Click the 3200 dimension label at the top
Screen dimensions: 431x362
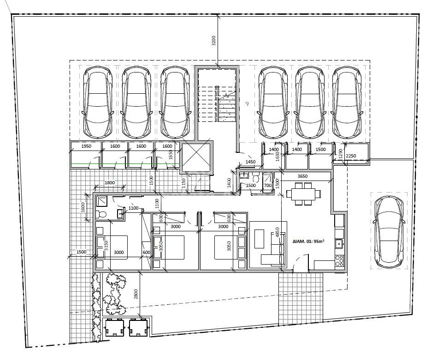tap(214, 41)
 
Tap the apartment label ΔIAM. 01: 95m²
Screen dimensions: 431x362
tap(308, 241)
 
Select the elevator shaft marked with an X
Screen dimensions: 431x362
tap(196, 157)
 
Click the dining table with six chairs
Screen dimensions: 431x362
tap(303, 193)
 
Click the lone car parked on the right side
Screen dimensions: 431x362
tap(389, 232)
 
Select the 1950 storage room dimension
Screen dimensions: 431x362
tap(86, 146)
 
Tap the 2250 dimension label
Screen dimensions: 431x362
tap(351, 156)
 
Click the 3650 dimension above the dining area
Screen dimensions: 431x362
tap(302, 176)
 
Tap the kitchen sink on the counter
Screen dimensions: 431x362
tap(339, 243)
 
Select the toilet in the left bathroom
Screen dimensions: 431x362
tap(100, 214)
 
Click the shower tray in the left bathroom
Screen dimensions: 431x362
tap(102, 201)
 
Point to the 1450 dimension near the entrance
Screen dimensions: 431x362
tap(250, 162)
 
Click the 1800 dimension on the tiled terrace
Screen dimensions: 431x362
tap(110, 182)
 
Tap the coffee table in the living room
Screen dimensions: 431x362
tap(259, 239)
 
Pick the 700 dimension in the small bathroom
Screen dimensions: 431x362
tap(267, 186)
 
